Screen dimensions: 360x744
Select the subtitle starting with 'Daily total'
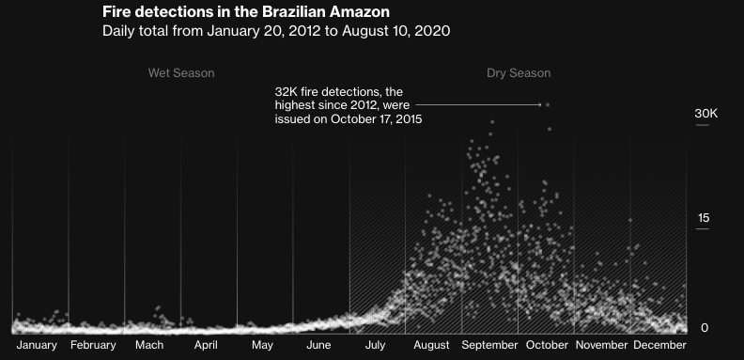pyautogui.click(x=276, y=31)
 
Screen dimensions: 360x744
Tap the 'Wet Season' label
pyautogui.click(x=181, y=73)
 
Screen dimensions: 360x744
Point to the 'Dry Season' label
pyautogui.click(x=519, y=73)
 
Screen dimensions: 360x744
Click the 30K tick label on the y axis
pyautogui.click(x=705, y=114)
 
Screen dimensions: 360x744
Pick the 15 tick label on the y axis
pyautogui.click(x=704, y=219)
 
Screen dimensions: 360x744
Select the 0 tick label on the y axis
pyautogui.click(x=704, y=327)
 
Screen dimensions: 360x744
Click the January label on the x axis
pyautogui.click(x=38, y=345)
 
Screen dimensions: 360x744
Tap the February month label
pyautogui.click(x=93, y=345)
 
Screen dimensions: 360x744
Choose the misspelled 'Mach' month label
pyautogui.click(x=149, y=345)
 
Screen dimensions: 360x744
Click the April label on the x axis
pyautogui.click(x=206, y=345)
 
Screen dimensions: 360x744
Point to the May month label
pyautogui.click(x=262, y=345)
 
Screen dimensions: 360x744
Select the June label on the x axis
pyautogui.click(x=318, y=345)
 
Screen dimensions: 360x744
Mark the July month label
pyautogui.click(x=375, y=345)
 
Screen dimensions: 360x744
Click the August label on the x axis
pyautogui.click(x=431, y=345)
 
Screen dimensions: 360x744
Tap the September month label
pyautogui.click(x=489, y=345)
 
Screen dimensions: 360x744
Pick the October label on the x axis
pyautogui.click(x=547, y=345)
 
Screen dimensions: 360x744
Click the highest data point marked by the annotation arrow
pyautogui.click(x=548, y=104)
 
